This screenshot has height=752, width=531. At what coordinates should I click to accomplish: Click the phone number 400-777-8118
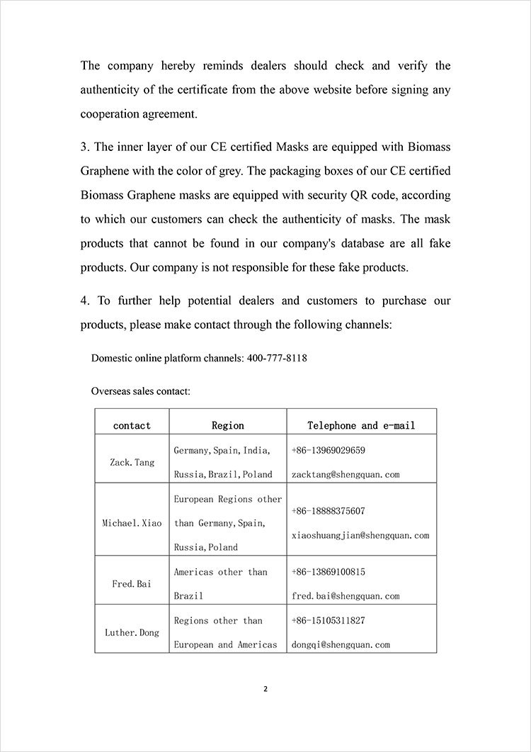point(277,358)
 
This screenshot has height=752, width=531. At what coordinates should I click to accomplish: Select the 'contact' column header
point(132,425)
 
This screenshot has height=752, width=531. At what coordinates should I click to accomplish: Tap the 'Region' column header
point(228,425)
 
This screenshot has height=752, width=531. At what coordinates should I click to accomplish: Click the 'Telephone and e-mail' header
point(361,425)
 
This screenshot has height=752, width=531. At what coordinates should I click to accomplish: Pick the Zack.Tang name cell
point(132,462)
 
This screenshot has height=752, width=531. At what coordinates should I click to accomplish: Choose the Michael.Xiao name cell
point(132,523)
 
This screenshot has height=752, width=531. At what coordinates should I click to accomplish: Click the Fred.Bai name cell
point(132,584)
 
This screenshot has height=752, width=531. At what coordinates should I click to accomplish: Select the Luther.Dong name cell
point(132,632)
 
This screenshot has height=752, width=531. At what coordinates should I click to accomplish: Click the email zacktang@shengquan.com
point(346,474)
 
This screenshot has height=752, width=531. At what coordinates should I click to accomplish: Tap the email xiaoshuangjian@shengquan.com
point(360,535)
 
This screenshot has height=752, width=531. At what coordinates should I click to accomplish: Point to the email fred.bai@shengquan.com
point(346,596)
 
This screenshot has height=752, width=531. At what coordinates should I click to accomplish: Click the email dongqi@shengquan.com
point(341,644)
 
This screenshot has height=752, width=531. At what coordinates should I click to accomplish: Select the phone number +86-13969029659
point(329,450)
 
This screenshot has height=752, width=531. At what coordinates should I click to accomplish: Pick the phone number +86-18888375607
point(329,511)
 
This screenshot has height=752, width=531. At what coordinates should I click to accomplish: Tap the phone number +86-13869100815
point(329,572)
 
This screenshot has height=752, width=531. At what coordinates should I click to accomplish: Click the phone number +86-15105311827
point(329,620)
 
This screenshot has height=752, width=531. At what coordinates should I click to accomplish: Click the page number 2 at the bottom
point(265,688)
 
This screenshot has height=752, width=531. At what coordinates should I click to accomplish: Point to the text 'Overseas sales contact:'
point(140,391)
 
